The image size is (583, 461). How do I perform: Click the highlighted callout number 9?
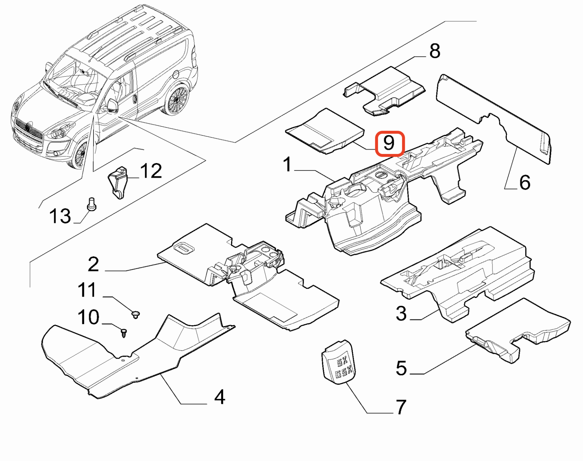click(390, 143)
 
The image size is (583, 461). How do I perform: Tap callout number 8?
click(435, 51)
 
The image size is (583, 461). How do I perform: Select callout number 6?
click(525, 183)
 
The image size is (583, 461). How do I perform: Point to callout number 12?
click(151, 171)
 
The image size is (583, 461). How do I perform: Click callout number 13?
click(60, 216)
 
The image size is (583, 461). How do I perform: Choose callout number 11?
click(87, 290)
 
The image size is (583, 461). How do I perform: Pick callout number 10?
click(88, 317)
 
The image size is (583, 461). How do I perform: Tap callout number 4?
click(220, 397)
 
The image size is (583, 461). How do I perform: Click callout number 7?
click(401, 407)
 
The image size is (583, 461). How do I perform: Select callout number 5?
click(401, 368)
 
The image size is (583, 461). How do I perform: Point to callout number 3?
click(401, 313)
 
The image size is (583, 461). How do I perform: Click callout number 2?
click(93, 264)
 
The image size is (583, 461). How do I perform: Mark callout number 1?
click(287, 165)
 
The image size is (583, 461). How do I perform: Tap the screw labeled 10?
click(124, 333)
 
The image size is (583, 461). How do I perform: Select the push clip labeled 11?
click(135, 314)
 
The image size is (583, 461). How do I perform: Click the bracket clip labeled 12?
click(118, 182)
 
